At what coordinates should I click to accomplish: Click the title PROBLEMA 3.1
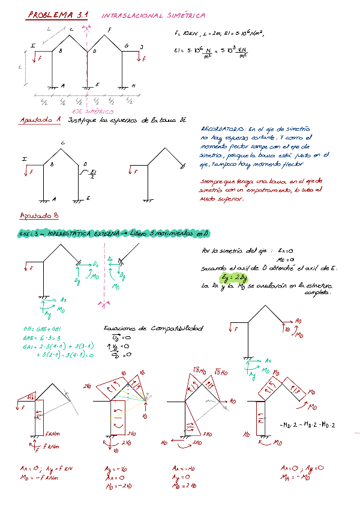(57, 15)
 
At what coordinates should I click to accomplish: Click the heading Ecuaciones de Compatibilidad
(153, 328)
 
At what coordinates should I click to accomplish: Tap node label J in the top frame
(141, 46)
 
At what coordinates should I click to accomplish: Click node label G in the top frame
(126, 46)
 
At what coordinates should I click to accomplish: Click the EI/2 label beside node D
(92, 174)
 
